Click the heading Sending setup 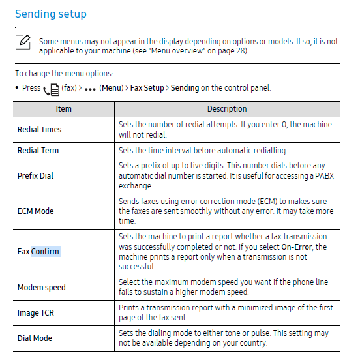(x=50, y=14)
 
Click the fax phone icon (x=50, y=89)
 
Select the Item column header (x=63, y=109)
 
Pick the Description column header (x=226, y=109)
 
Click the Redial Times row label (x=39, y=129)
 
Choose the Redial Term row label (x=38, y=150)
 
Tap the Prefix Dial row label (x=35, y=175)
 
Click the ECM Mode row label (x=35, y=211)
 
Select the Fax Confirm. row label (x=39, y=251)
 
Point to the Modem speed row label (x=41, y=287)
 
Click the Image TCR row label (x=35, y=312)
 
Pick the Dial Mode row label (x=35, y=338)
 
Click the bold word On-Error (x=299, y=247)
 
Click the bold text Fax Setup (x=147, y=88)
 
